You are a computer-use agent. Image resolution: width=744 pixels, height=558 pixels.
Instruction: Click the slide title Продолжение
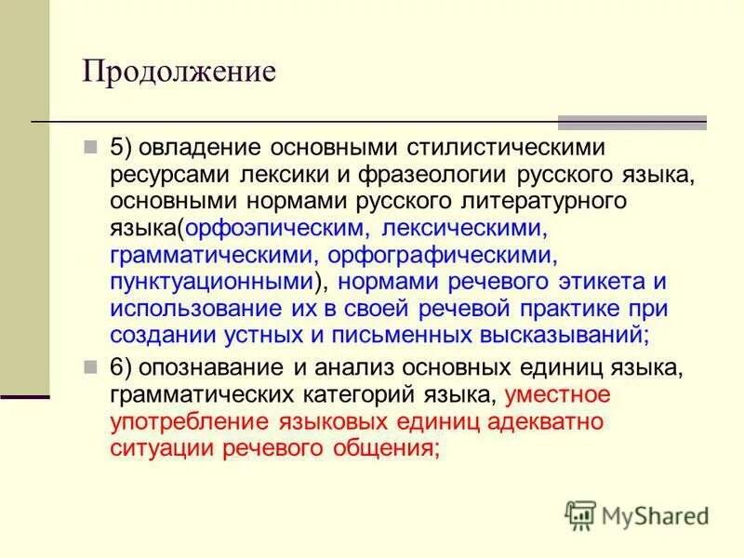click(179, 72)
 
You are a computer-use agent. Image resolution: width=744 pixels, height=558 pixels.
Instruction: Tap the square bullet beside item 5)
click(90, 148)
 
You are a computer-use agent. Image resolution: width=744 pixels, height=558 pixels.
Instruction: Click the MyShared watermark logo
click(636, 514)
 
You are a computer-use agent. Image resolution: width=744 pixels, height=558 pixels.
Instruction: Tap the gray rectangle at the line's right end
click(631, 122)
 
